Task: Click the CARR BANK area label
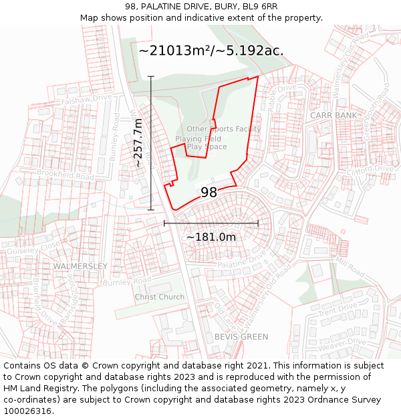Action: [333, 116]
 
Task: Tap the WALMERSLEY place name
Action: [80, 266]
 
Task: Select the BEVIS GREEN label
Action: [241, 337]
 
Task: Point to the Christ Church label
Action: [160, 297]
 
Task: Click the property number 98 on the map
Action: [209, 193]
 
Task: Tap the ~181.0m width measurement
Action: [211, 237]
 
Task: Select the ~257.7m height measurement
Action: [138, 142]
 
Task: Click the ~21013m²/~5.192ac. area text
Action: [211, 51]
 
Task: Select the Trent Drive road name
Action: [338, 312]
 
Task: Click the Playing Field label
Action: [198, 139]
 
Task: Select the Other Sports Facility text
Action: [223, 129]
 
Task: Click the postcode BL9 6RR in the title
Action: [259, 7]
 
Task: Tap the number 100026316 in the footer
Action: [27, 411]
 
